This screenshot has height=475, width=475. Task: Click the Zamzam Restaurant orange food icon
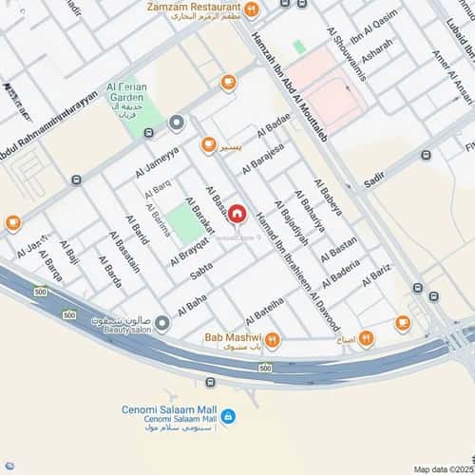tap(252, 10)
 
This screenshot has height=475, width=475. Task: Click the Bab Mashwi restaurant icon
tap(272, 339)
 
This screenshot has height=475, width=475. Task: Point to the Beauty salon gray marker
tap(162, 324)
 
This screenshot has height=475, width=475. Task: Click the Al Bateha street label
tap(264, 308)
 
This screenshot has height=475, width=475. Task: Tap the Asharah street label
tap(377, 48)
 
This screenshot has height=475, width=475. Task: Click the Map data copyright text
tap(441, 468)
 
